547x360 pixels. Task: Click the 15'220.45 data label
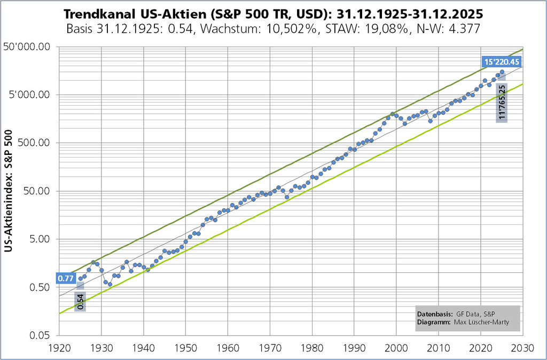point(502,62)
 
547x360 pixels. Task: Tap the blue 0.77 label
point(65,278)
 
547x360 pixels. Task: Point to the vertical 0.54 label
point(80,301)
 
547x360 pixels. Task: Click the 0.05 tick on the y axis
point(40,335)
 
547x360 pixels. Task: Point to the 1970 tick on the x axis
point(270,348)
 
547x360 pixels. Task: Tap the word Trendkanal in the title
point(94,12)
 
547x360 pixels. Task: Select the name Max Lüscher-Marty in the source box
point(482,322)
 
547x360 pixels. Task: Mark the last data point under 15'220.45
point(502,72)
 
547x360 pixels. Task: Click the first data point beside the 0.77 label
point(81,278)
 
